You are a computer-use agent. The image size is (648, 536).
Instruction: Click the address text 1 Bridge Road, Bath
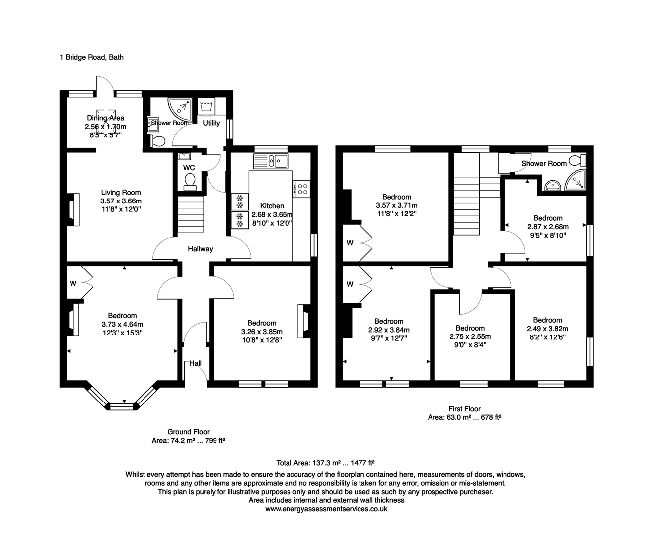click(91, 57)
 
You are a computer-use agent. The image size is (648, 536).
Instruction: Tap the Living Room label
click(121, 193)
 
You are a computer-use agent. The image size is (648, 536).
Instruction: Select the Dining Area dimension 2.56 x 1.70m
click(105, 127)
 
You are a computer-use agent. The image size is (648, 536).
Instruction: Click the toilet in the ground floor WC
click(190, 182)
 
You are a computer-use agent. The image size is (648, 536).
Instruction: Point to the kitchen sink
click(271, 161)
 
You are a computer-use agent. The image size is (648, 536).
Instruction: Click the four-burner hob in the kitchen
click(301, 189)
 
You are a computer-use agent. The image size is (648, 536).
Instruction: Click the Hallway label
click(200, 249)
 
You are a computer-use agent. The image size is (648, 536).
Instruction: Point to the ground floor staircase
click(191, 214)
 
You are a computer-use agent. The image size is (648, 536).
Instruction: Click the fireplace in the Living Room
click(74, 209)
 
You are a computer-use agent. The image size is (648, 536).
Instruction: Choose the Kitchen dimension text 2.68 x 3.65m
click(272, 214)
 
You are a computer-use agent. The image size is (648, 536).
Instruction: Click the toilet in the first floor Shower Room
click(577, 161)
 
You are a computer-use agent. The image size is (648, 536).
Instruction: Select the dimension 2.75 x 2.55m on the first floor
click(470, 336)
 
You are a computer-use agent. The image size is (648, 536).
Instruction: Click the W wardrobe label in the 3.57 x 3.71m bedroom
click(350, 243)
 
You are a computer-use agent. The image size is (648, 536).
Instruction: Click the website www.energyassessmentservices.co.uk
click(326, 509)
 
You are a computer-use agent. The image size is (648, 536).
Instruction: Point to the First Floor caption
click(464, 409)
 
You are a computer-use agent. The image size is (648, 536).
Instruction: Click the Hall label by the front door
click(196, 363)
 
